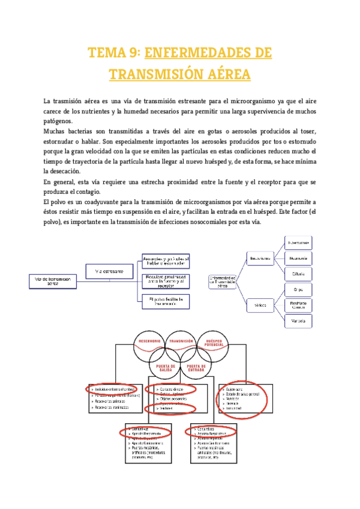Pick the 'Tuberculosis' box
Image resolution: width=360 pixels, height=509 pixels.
tap(298, 243)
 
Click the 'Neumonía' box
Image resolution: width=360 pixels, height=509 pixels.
tap(298, 259)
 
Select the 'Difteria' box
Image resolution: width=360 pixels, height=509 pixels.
tap(298, 274)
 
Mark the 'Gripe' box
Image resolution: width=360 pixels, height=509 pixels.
tap(298, 290)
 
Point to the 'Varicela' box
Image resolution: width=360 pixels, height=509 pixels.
tap(298, 321)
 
